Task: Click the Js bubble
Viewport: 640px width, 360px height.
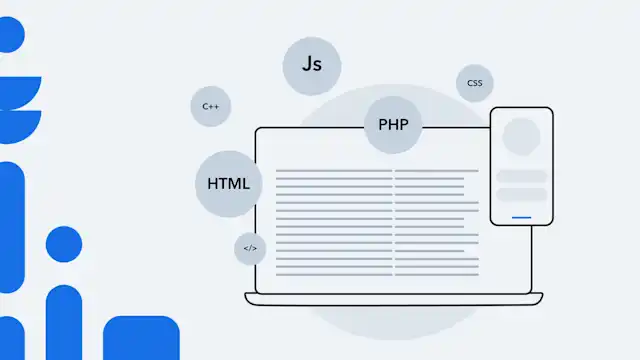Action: tap(312, 65)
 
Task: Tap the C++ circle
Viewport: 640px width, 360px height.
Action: tap(210, 106)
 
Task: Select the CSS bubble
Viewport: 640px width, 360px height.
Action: tap(474, 83)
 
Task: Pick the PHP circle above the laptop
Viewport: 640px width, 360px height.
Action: tap(393, 125)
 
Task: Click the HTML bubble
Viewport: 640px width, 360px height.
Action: tap(228, 184)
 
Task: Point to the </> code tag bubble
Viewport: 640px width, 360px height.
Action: tap(250, 248)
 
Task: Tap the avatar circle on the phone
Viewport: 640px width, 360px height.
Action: tap(521, 137)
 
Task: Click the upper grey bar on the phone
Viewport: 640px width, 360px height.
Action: tap(521, 176)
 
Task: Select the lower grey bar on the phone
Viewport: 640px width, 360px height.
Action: tap(521, 195)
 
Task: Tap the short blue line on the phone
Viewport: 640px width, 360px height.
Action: tap(521, 216)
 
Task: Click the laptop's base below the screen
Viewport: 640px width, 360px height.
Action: tap(395, 298)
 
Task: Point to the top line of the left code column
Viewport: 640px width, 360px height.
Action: tap(333, 171)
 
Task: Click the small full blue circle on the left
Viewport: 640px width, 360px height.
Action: tap(64, 244)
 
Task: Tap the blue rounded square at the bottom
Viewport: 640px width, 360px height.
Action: tap(140, 340)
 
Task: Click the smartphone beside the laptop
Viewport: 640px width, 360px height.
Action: tap(521, 166)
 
